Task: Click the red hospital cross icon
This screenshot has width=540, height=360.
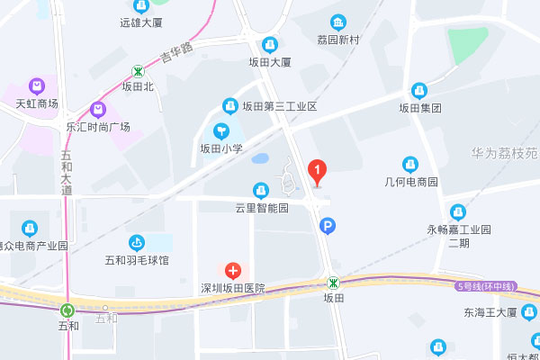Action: click(233, 270)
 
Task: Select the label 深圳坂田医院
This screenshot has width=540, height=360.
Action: click(233, 288)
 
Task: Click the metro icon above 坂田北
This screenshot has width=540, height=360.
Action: click(139, 70)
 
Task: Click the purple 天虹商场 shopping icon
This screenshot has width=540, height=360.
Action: click(36, 87)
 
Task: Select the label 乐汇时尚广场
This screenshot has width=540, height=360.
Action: click(98, 127)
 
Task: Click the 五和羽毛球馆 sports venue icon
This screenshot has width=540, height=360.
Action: click(137, 242)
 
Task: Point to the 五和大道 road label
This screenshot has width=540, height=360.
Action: click(67, 174)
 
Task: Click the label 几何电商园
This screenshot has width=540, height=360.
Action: click(410, 182)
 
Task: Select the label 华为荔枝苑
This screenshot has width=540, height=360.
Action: click(503, 153)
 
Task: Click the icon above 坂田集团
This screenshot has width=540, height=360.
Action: click(418, 91)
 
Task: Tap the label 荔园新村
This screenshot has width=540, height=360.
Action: click(338, 40)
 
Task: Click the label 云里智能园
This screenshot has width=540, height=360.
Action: click(261, 208)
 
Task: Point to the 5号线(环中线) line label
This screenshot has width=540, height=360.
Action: click(486, 286)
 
